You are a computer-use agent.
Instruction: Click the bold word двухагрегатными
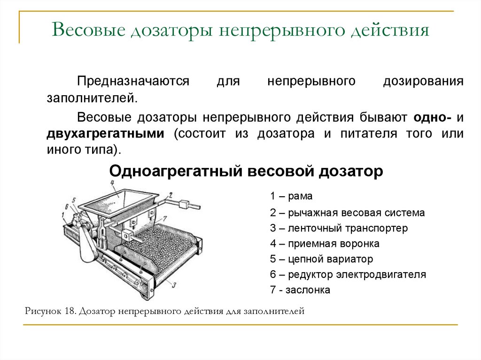(105, 133)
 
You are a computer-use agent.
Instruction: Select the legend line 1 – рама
(291, 196)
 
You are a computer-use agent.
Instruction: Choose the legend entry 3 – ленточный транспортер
(339, 228)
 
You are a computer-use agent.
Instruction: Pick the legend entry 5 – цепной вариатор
(321, 259)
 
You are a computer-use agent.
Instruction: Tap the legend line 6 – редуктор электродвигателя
(348, 275)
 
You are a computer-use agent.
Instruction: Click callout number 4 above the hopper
(113, 183)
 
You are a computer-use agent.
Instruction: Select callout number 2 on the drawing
(171, 194)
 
